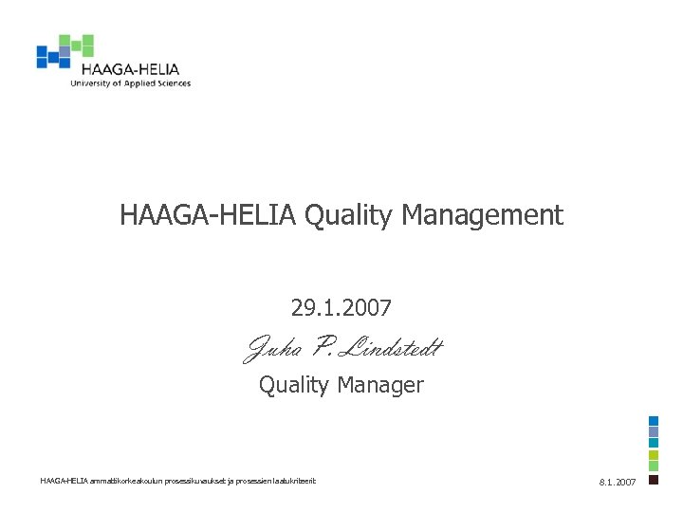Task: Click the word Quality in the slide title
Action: point(348,216)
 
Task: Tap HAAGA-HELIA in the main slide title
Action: point(208,216)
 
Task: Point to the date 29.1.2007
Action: point(341,307)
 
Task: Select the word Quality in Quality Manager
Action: point(293,385)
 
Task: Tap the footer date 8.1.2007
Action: point(618,483)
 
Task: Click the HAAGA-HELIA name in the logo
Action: point(130,69)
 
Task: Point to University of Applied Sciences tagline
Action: point(130,83)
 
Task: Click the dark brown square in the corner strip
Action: point(654,480)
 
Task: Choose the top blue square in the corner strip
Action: point(654,421)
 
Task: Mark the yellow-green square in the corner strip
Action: point(654,456)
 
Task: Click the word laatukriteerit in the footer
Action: point(294,481)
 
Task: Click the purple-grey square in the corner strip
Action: point(654,432)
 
